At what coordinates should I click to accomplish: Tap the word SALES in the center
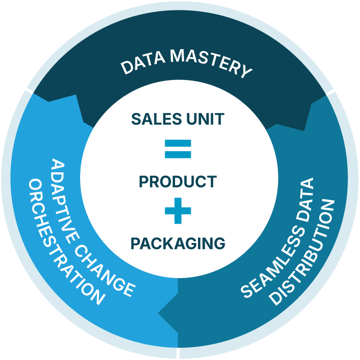[x=153, y=119]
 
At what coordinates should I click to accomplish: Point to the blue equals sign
[x=178, y=149]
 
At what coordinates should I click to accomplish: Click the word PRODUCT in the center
[x=178, y=182]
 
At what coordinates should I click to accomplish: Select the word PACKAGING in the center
[x=178, y=243]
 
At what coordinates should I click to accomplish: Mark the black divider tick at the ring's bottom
[x=179, y=353]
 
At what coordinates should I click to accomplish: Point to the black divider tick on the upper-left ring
[x=29, y=91]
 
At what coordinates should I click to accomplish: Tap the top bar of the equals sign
[x=178, y=144]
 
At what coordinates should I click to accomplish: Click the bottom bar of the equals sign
[x=178, y=154]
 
